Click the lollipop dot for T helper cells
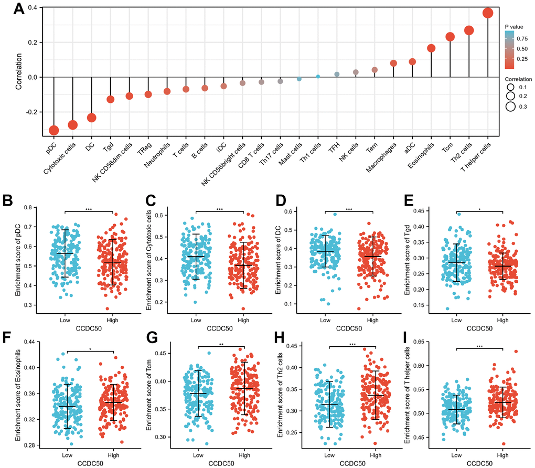click(487, 13)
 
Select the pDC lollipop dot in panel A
click(54, 130)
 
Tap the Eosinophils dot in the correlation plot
click(431, 48)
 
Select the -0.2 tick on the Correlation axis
click(30, 112)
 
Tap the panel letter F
click(7, 335)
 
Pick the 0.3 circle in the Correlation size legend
click(510, 107)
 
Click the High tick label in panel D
click(373, 319)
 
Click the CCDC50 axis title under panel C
click(220, 328)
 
